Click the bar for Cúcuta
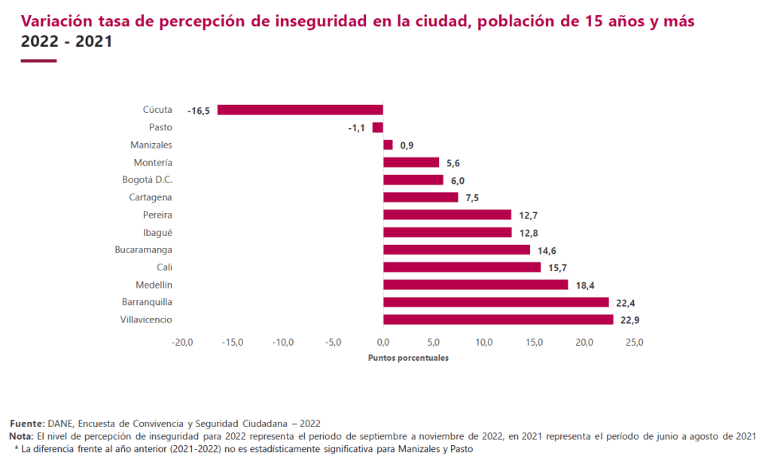tap(300, 110)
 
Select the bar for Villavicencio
tap(498, 320)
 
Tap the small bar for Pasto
tap(378, 127)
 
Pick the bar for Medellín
tap(475, 285)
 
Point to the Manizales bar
tap(388, 145)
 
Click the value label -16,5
tap(199, 111)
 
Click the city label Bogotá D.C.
tap(148, 180)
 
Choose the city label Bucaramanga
tap(144, 250)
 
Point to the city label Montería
tap(153, 163)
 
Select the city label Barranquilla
tap(148, 302)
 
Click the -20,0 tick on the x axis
tap(182, 343)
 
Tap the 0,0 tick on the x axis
tap(383, 343)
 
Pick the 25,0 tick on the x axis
tap(634, 343)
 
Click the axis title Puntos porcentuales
tap(408, 358)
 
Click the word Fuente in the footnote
tap(26, 423)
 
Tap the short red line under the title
tap(39, 61)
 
